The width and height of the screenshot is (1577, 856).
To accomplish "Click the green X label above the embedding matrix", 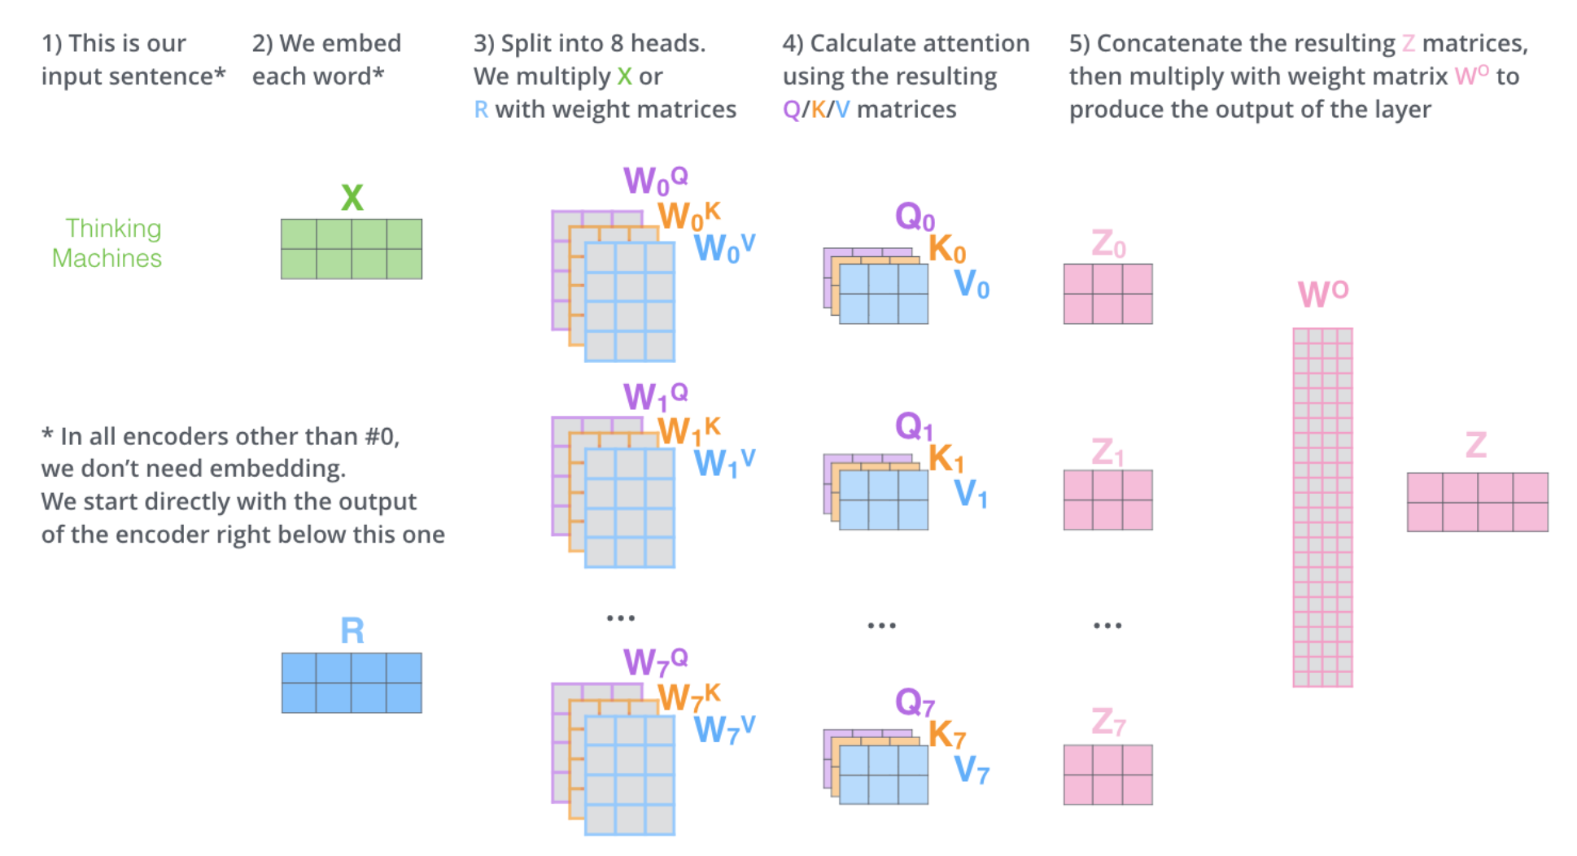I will click(x=352, y=198).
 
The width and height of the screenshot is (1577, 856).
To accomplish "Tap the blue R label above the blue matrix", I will click(x=352, y=631).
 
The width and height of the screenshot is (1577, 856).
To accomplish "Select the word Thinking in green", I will click(x=113, y=229).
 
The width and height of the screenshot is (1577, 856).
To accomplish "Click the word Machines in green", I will click(x=107, y=258).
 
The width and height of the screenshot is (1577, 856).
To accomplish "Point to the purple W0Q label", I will click(x=654, y=180).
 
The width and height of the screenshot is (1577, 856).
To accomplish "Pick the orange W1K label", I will click(x=688, y=430).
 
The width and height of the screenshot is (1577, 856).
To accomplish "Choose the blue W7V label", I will click(x=723, y=729).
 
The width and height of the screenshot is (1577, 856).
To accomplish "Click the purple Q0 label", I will click(x=914, y=217).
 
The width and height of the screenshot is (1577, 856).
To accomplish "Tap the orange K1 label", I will click(x=946, y=459).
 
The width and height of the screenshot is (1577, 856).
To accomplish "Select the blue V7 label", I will click(x=971, y=769).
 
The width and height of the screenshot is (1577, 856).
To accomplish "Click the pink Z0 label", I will click(x=1107, y=243).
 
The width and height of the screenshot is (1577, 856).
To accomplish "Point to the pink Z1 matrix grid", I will click(x=1107, y=500).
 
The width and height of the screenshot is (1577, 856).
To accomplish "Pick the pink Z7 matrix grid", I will click(x=1107, y=775).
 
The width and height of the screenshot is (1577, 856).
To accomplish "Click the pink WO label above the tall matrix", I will click(x=1322, y=294).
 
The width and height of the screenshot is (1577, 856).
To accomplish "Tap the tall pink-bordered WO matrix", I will click(x=1322, y=507).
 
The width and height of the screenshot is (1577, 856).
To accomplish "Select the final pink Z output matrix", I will click(x=1477, y=502).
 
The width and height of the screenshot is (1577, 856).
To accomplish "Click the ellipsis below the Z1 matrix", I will click(x=1107, y=626).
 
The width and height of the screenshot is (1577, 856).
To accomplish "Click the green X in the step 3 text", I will click(x=624, y=76).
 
